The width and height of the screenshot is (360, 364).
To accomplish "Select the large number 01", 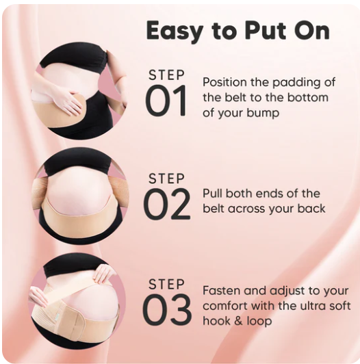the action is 166,101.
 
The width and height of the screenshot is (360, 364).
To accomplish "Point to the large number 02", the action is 167,204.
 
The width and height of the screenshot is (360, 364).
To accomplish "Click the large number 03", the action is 167,309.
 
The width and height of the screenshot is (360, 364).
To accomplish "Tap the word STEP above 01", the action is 166,75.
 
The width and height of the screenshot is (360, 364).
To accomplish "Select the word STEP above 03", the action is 166,284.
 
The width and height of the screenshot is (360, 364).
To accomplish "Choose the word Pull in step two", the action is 212,194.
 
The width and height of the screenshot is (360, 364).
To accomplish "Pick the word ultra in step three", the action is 314,306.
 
